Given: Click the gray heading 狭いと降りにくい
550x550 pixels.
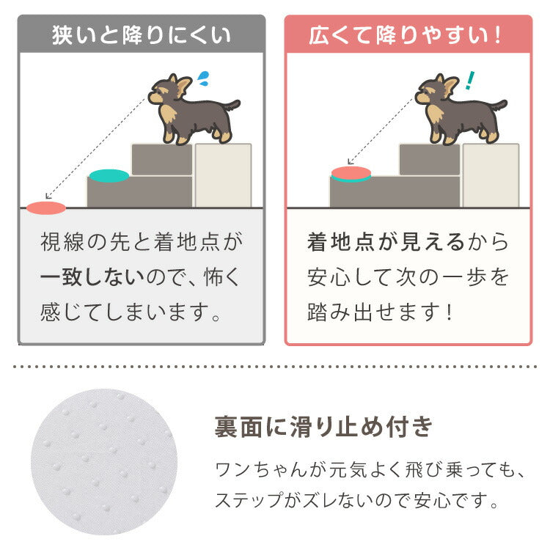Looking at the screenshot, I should (142, 35).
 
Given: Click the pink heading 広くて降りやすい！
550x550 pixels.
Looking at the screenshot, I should (408, 35).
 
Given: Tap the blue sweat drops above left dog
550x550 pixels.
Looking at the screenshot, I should (204, 76).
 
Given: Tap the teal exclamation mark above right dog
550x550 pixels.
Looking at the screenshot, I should (469, 78).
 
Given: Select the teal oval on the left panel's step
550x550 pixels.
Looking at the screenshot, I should (109, 176).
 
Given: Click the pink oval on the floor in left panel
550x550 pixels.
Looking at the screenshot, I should (46, 208).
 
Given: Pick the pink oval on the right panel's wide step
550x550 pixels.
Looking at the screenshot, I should (351, 174).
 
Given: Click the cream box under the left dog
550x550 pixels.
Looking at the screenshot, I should (223, 176).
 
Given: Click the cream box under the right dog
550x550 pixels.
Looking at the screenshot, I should (490, 176).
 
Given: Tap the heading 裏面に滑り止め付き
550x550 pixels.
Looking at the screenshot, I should (323, 426).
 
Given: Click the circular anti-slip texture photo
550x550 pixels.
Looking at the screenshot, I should (103, 462).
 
